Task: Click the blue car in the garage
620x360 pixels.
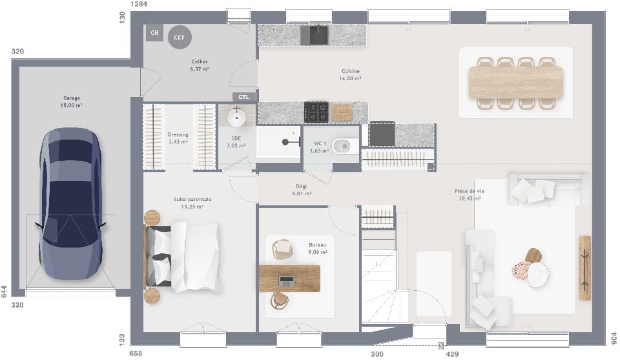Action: coord(70,204)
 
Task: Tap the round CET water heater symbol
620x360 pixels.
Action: coord(180,37)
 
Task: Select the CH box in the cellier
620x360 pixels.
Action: coord(154,32)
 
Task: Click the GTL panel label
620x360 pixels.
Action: coord(243,97)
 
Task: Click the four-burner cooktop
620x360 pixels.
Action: coord(316,112)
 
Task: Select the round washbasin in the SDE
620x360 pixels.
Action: coord(237,117)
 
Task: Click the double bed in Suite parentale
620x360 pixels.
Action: coord(184,257)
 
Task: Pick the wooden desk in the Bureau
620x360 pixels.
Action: coord(289,279)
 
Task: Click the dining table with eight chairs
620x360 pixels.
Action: coord(516,83)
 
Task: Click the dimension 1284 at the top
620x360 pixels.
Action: coord(139,5)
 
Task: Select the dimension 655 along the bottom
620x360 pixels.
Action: coord(136,354)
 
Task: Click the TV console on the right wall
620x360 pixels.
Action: coord(584,268)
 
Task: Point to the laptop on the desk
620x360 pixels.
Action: coord(287,281)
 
